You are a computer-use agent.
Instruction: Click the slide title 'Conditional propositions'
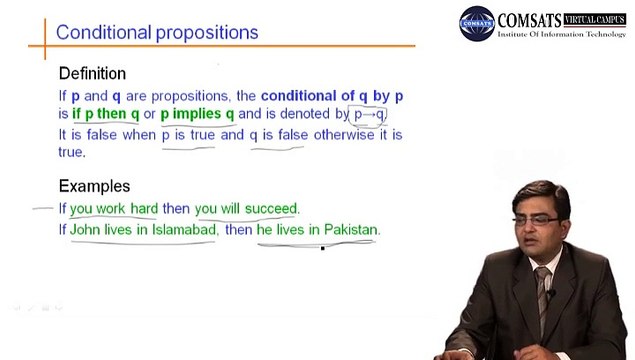pyautogui.click(x=157, y=33)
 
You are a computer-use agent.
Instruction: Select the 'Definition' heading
pyautogui.click(x=92, y=74)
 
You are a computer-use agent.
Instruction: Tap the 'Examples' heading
pyautogui.click(x=94, y=186)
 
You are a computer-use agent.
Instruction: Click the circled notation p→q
pyautogui.click(x=369, y=115)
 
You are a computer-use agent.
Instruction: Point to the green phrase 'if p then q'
pyautogui.click(x=106, y=114)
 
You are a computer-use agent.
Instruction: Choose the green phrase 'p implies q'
pyautogui.click(x=197, y=114)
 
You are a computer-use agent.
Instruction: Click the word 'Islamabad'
pyautogui.click(x=184, y=230)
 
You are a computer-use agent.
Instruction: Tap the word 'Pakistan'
pyautogui.click(x=351, y=230)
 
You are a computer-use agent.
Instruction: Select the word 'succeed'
pyautogui.click(x=271, y=209)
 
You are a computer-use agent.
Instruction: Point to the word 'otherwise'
pyautogui.click(x=344, y=135)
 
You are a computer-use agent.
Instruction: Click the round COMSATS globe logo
pyautogui.click(x=477, y=23)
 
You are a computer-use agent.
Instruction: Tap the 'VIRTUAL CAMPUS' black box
pyautogui.click(x=594, y=19)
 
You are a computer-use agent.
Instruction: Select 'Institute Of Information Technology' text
pyautogui.click(x=561, y=34)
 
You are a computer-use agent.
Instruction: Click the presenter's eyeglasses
pyautogui.click(x=535, y=220)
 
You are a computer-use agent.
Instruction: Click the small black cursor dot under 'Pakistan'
pyautogui.click(x=323, y=248)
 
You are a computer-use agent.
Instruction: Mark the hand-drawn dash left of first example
pyautogui.click(x=43, y=209)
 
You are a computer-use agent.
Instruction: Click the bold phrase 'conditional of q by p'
pyautogui.click(x=332, y=96)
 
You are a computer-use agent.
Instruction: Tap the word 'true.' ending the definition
pyautogui.click(x=72, y=152)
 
